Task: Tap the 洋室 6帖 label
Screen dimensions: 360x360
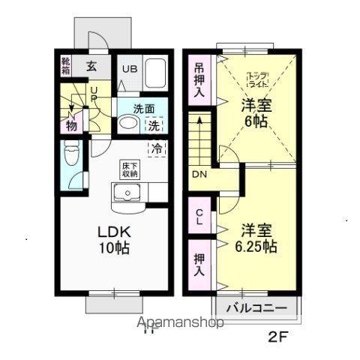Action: point(256,114)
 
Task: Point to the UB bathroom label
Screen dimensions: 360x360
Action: point(129,68)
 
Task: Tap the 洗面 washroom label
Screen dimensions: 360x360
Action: point(144,108)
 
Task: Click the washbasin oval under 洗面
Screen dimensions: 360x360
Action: point(127,125)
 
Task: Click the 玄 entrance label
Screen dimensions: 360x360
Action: point(91,66)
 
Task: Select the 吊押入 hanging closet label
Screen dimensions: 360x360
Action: point(199,79)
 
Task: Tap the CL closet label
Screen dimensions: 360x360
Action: point(199,217)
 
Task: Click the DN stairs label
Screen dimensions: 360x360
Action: point(199,175)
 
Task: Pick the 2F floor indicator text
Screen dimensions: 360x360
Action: point(277,337)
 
